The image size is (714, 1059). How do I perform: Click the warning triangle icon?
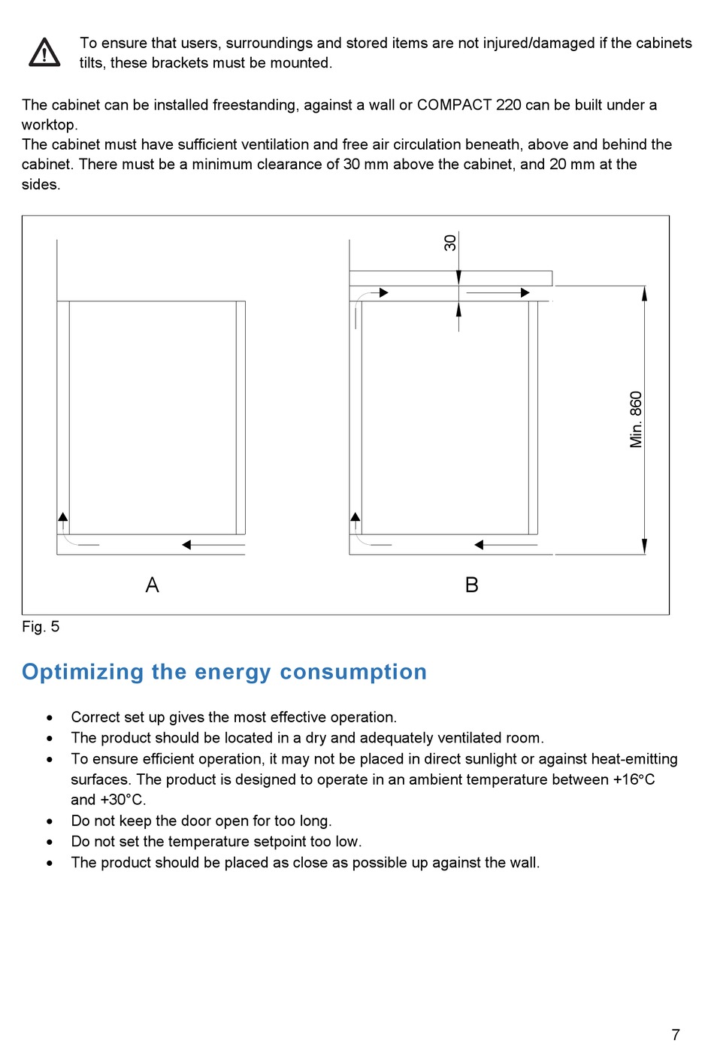tap(44, 53)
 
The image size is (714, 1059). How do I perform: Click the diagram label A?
tap(152, 585)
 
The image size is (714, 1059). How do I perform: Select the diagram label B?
tap(472, 585)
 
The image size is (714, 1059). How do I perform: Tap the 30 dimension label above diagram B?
tap(450, 243)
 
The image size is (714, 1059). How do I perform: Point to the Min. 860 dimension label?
tap(636, 419)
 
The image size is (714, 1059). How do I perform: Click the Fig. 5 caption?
tap(41, 627)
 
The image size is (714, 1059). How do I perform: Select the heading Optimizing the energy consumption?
tap(224, 671)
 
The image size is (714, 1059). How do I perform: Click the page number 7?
tap(676, 1035)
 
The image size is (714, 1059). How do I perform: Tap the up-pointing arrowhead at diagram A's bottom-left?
tap(63, 517)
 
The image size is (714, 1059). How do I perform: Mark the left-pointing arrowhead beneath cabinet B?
tap(479, 545)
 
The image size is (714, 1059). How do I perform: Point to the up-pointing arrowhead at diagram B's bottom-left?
tap(355, 517)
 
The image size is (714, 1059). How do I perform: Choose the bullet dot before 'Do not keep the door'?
tap(50, 821)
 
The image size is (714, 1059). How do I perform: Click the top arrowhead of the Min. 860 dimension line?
tap(644, 293)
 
